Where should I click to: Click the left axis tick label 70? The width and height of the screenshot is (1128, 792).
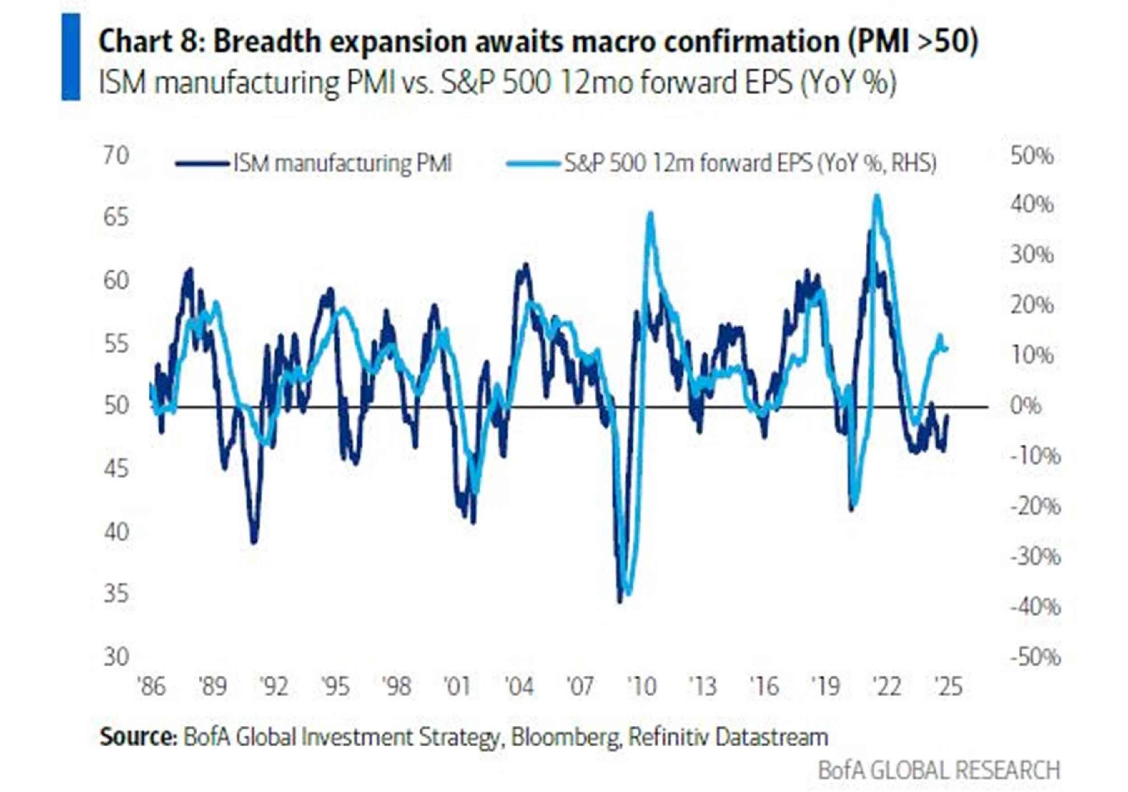(x=116, y=156)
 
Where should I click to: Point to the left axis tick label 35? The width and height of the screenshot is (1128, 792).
(x=116, y=594)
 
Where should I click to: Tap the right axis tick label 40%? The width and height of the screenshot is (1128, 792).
(x=1031, y=204)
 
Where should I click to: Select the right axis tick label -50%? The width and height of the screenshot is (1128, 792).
(x=1034, y=657)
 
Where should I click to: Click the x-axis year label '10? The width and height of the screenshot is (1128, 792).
(x=642, y=687)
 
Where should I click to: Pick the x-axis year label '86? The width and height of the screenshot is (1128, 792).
(x=151, y=687)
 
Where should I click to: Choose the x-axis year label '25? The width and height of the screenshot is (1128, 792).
(x=948, y=687)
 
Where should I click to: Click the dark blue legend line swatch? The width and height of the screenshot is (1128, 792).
(x=202, y=164)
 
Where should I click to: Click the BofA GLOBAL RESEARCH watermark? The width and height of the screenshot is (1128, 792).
(x=939, y=770)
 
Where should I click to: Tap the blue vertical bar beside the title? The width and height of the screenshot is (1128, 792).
(x=70, y=57)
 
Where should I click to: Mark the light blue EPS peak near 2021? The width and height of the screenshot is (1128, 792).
(x=877, y=197)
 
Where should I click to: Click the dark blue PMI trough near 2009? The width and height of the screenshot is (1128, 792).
(x=620, y=601)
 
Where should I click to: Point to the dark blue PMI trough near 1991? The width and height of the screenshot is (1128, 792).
(x=254, y=542)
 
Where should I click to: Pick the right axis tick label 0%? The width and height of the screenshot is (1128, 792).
(x=1026, y=406)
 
